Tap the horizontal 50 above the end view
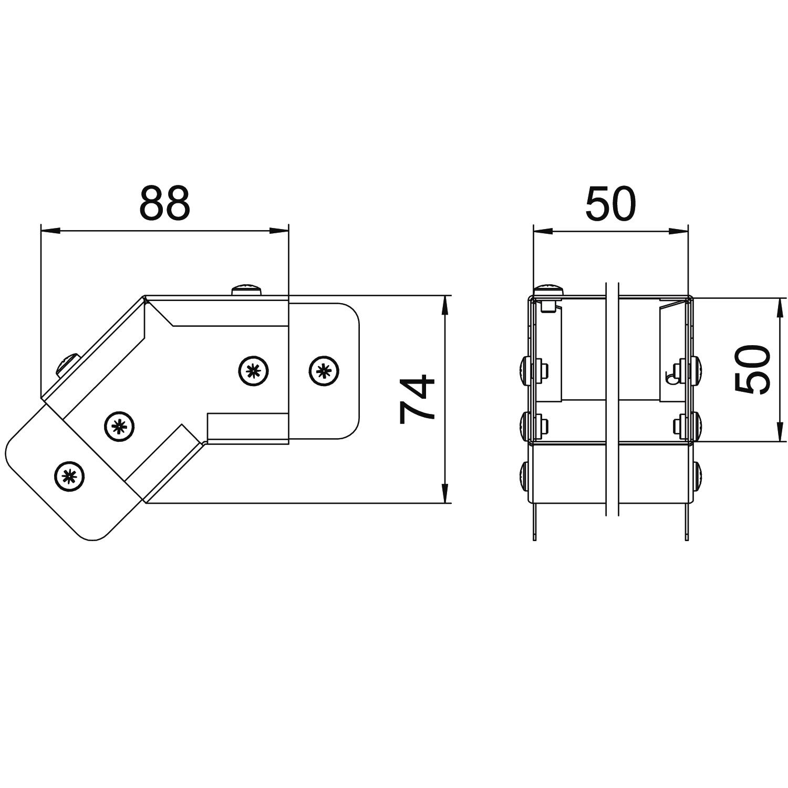610,203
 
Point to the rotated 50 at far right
752,369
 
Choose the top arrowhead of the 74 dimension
445,306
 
